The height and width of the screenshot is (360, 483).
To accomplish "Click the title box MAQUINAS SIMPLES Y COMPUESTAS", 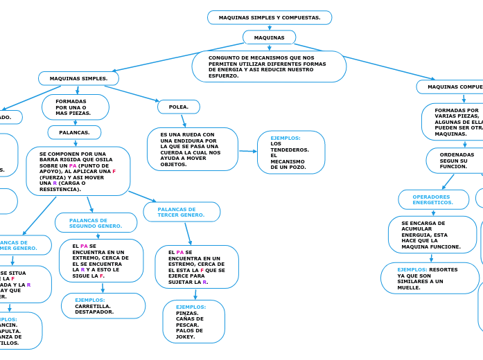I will [270, 17].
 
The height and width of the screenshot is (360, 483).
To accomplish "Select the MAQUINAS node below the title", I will [269, 37].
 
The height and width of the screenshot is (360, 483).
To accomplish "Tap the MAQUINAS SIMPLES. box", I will [79, 78].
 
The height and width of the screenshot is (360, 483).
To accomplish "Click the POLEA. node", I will [179, 107].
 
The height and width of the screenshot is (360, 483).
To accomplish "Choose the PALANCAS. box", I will [74, 132].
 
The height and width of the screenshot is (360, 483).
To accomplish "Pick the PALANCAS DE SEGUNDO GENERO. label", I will [96, 223].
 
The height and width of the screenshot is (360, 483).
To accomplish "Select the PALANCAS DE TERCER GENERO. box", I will [182, 212].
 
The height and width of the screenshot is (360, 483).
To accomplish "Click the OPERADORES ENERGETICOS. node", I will [433, 199].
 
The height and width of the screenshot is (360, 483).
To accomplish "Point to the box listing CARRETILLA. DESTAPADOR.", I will [103, 306].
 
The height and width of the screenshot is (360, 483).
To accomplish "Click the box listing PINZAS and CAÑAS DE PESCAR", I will [193, 321].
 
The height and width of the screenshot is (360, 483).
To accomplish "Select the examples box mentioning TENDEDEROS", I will [290, 152].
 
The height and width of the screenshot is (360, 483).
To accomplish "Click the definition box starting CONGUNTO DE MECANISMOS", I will [269, 66].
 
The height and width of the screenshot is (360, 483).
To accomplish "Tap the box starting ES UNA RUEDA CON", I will [192, 150].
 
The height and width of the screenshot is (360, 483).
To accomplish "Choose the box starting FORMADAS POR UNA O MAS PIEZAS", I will [75, 107].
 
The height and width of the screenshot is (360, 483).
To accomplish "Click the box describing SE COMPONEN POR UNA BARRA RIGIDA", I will [78, 171].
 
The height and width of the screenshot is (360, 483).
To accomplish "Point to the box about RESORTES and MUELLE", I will [429, 278].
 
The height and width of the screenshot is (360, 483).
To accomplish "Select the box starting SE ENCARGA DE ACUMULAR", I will [432, 235].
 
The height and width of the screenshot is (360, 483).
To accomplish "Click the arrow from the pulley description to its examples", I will [247, 151].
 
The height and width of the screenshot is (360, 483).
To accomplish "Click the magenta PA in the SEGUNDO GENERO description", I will [84, 246].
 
